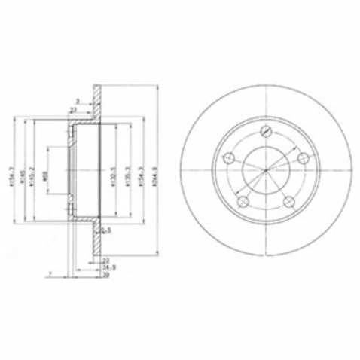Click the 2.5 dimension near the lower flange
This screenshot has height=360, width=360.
(107, 230)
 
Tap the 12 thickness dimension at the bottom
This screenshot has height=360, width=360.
(105, 260)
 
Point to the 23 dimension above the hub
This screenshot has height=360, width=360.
(74, 110)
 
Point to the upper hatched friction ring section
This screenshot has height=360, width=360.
(96, 98)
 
